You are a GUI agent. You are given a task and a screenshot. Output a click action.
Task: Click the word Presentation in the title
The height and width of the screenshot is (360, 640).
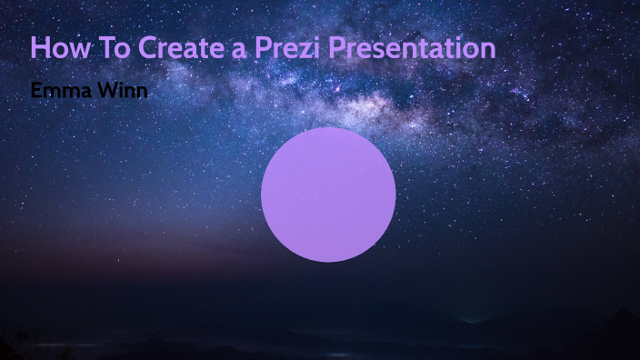412,47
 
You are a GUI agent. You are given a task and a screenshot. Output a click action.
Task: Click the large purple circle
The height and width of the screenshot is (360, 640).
328,195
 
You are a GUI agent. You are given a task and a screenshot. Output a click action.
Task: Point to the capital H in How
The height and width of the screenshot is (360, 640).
40,47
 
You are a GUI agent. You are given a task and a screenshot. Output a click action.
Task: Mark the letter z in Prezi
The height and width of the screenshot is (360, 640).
302,50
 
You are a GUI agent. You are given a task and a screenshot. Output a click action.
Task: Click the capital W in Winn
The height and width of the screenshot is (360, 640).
105,91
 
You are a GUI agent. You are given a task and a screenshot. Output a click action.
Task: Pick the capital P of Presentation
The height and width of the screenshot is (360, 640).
337,47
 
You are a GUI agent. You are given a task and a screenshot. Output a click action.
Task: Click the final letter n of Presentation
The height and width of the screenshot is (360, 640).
487,50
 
